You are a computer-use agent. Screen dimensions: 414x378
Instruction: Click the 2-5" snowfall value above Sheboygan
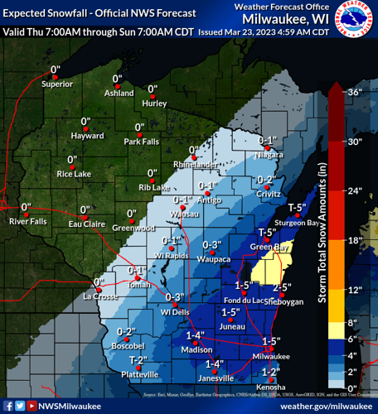tap(282, 288)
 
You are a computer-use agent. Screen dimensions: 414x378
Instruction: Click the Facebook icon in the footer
tap(7, 407)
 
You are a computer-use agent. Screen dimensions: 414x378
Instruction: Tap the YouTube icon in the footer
tap(31, 407)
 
